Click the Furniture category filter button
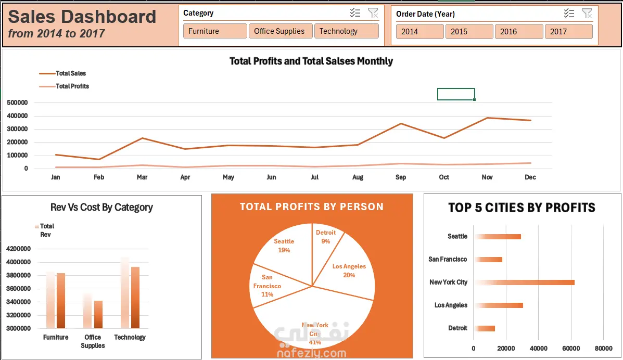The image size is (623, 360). point(215,31)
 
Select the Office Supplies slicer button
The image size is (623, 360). point(281,31)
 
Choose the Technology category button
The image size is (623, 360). point(346,31)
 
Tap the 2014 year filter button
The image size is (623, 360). point(420,32)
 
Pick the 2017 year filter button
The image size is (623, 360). point(568,32)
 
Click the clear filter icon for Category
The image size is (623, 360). point(373,13)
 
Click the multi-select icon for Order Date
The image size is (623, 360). point(569,14)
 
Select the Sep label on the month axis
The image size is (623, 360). point(401,177)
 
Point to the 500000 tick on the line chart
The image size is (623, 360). point(18,103)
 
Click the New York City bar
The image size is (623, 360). point(525,282)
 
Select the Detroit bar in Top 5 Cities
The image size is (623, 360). point(485,328)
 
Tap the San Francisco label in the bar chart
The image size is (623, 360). point(448,259)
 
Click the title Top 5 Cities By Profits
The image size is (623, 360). point(522,208)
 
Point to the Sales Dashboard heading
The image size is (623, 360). point(82,17)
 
